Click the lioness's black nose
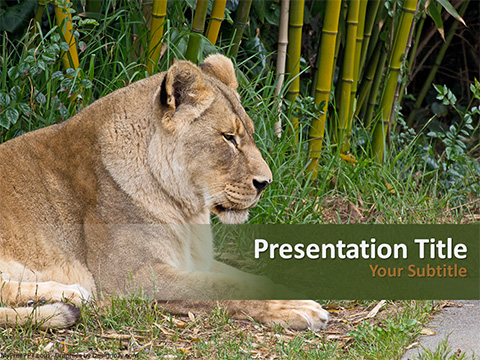(x=261, y=183)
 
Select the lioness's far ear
(x=221, y=69)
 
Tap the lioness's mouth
(x=240, y=203)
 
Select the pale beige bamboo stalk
(x=282, y=60)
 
